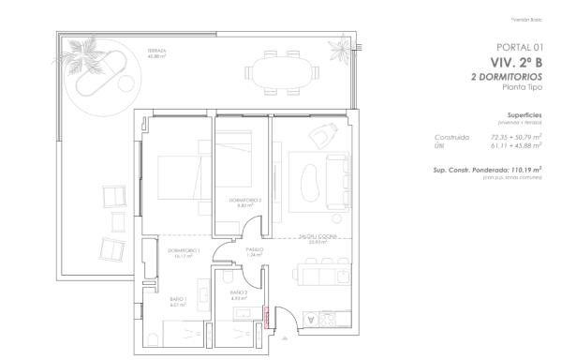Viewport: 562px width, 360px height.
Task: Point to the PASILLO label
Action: (253, 250)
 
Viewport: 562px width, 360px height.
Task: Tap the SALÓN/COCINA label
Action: (312, 238)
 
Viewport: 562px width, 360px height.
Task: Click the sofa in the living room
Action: (333, 179)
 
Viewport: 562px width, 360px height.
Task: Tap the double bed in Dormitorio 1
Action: (178, 175)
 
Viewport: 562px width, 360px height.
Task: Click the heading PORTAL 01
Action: (517, 46)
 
